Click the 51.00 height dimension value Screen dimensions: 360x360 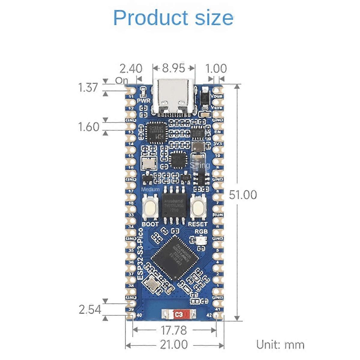[243, 195]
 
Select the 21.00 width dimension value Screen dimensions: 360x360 [174, 344]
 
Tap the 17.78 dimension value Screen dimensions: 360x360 [174, 330]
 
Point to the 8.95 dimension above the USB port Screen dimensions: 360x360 [173, 68]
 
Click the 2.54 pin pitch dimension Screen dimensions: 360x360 [90, 309]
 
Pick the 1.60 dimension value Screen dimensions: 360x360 [88, 127]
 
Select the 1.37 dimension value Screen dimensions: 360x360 [88, 87]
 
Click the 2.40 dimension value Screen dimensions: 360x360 [131, 69]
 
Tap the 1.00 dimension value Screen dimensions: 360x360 [216, 69]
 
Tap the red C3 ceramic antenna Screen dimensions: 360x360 [178, 314]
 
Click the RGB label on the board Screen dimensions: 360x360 [201, 232]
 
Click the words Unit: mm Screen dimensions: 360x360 [280, 345]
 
